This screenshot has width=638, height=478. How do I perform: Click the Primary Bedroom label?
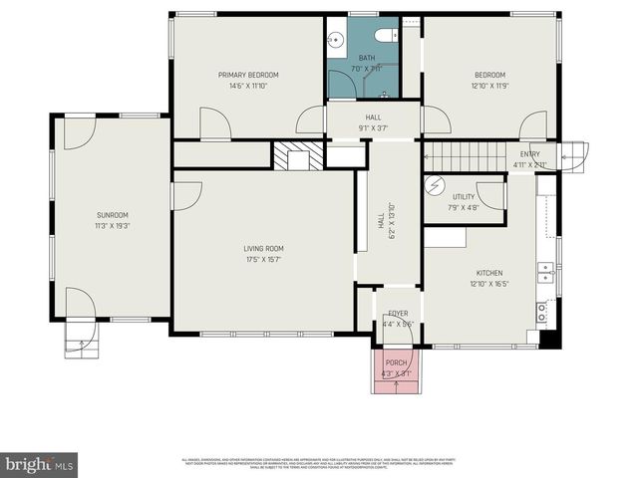pos(248,75)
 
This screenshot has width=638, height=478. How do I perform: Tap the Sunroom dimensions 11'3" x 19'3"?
pos(113,226)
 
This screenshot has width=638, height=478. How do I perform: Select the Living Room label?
pos(264,248)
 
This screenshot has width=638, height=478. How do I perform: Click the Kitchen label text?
pos(488,273)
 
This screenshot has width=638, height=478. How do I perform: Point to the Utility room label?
pos(464,197)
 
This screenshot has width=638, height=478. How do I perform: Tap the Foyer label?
pos(398,314)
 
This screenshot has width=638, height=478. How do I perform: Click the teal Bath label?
pos(367,58)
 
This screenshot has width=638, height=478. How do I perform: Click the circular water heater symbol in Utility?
pos(434,185)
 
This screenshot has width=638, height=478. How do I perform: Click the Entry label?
pos(528,153)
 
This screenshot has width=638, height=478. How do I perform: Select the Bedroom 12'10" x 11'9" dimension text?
pos(489,86)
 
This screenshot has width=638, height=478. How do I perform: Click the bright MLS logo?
pos(40,464)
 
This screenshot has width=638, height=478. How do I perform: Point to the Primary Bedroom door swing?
pos(215,124)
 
